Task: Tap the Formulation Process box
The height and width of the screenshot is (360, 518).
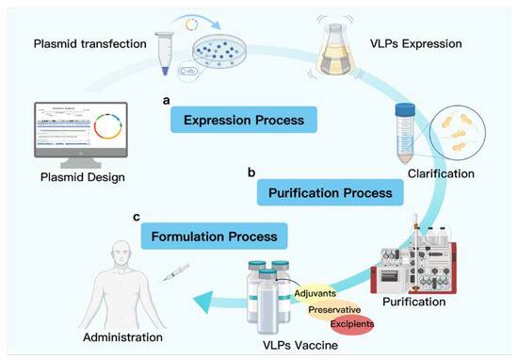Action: [210, 236]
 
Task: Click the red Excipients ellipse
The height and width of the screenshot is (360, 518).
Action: [349, 323]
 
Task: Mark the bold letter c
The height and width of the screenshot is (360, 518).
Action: [137, 217]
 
